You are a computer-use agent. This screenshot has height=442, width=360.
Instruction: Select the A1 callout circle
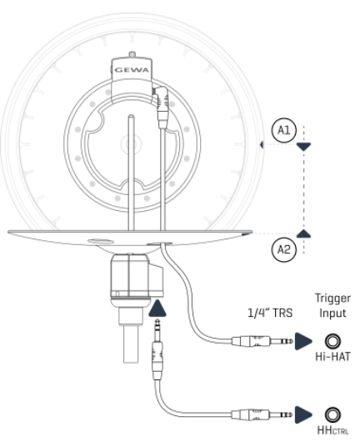[x=283, y=132]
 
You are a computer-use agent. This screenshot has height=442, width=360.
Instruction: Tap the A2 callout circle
[x=283, y=248]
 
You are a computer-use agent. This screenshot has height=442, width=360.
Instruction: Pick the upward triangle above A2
[x=306, y=234]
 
